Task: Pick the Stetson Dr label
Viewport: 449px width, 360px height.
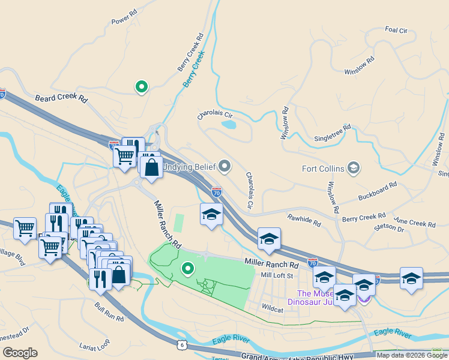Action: [389, 228]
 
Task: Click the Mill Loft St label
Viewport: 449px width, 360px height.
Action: [276, 275]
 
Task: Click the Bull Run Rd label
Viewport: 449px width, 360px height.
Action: [109, 310]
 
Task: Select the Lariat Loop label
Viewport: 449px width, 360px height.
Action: [95, 346]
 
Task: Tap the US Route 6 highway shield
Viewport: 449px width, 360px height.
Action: [181, 344]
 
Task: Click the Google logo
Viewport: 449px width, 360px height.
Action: [20, 353]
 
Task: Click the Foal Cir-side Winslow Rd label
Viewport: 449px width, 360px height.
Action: [360, 67]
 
